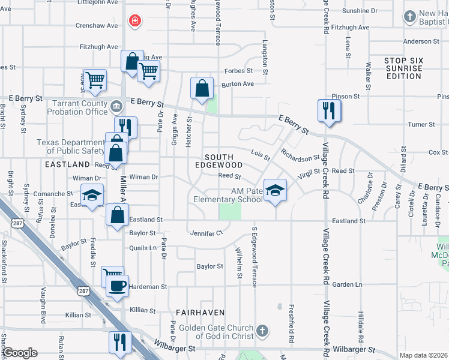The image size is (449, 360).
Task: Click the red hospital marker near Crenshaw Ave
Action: pos(136,22)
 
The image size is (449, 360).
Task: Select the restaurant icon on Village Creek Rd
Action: pos(329,111)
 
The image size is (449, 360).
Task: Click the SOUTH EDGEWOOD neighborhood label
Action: pos(223,161)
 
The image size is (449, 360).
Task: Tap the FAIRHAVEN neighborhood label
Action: pos(200,313)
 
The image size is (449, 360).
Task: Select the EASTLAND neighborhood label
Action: pos(67,164)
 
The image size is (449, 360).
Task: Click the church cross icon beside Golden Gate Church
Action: pos(261,331)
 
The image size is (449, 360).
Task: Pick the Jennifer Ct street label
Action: pos(206,233)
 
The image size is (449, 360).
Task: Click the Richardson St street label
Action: pos(300,158)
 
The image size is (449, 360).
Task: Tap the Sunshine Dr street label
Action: pos(360,11)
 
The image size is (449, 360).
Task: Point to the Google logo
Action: pos(20,353)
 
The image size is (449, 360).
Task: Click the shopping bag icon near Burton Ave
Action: pos(202,88)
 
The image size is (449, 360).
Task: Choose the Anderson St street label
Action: pos(421,41)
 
